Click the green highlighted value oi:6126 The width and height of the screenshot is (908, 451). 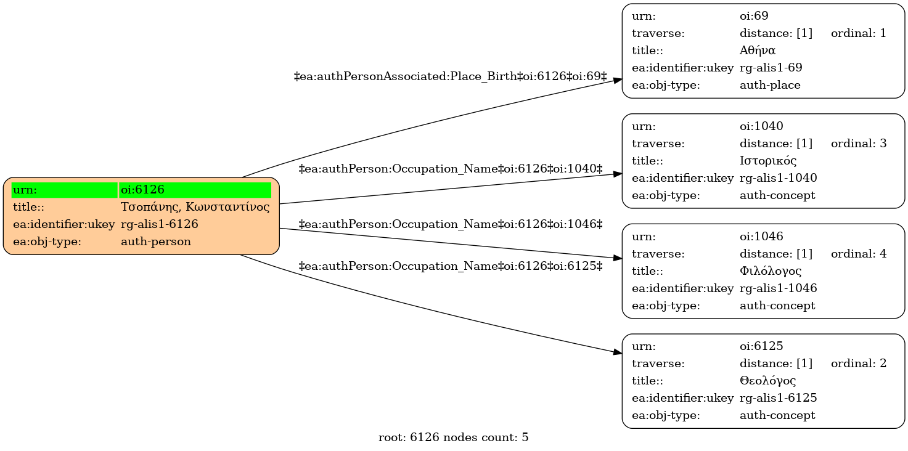coord(142,190)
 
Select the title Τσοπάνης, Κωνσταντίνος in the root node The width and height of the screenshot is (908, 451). coord(195,207)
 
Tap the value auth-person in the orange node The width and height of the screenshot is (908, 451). coord(156,242)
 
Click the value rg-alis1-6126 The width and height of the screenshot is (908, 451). coord(159,224)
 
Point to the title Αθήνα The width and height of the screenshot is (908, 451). coord(757,51)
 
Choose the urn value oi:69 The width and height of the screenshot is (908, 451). coord(754,16)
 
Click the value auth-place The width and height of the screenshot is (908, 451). coord(770,85)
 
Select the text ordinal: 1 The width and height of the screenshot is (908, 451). coord(859,33)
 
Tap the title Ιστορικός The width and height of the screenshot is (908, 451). coord(767,161)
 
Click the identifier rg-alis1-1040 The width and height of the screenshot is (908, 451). coord(779,178)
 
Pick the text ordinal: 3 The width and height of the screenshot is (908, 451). coord(859,144)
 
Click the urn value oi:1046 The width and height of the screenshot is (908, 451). coord(761,236)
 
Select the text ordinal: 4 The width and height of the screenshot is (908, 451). coord(859,254)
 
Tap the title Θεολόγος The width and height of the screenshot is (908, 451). coord(767,381)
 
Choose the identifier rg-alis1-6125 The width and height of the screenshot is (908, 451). coord(779,398)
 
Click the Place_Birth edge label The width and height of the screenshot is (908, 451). coord(450,76)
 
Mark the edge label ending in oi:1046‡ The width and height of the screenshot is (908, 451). coord(451,224)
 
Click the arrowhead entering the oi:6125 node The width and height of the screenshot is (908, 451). coord(618,352)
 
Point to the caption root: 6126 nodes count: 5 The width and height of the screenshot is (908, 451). coord(453,437)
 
